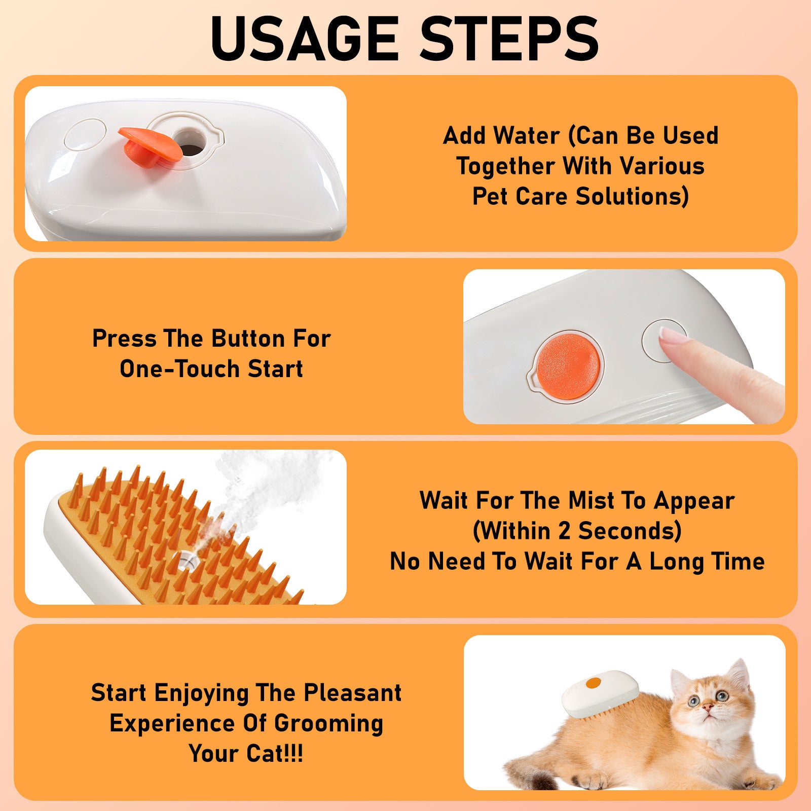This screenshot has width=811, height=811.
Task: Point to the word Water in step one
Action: pyautogui.click(x=527, y=136)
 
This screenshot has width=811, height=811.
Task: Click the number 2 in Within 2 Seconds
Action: pyautogui.click(x=564, y=531)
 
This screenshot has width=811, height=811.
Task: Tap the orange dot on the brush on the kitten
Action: pyautogui.click(x=593, y=684)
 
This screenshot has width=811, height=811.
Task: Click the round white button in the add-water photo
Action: pyautogui.click(x=85, y=134)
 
